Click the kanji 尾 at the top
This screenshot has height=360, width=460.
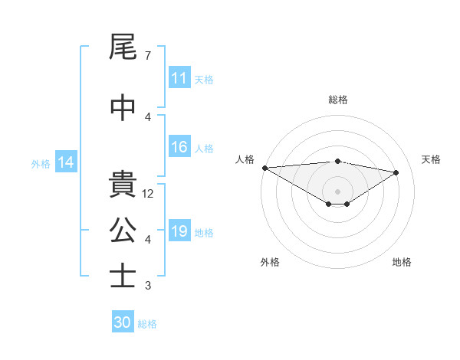click(123, 48)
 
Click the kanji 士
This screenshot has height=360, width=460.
click(123, 276)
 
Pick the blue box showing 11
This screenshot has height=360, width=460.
click(179, 78)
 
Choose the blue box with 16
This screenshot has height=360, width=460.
click(179, 148)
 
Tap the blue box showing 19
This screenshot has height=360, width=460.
click(179, 232)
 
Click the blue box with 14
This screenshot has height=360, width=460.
click(65, 162)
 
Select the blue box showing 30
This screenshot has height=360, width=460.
click(123, 322)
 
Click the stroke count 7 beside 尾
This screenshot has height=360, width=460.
click(147, 56)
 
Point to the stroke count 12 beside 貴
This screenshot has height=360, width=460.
click(149, 194)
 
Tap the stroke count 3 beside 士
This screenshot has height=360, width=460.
click(147, 286)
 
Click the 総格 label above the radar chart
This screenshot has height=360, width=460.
click(338, 100)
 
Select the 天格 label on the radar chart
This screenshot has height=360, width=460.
click(432, 159)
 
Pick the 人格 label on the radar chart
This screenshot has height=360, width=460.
click(245, 159)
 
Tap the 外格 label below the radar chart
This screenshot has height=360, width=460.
click(270, 263)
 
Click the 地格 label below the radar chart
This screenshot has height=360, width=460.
click(402, 263)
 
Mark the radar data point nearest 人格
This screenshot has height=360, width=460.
click(264, 167)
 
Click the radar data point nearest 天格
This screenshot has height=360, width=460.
click(396, 172)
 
